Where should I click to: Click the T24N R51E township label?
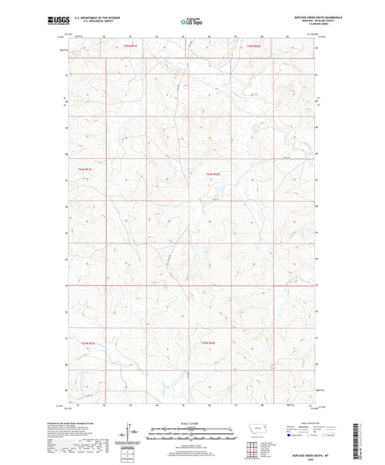(x=86, y=169)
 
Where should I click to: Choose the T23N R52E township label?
(x=208, y=342)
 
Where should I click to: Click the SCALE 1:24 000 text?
(x=191, y=421)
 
